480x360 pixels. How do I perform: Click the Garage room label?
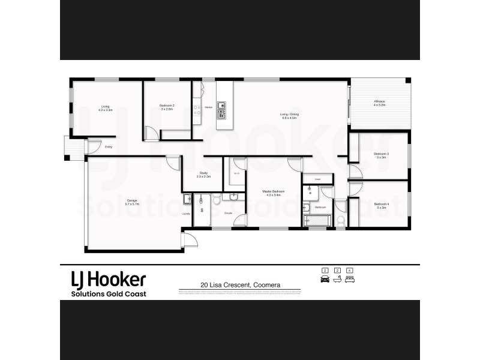[x=132, y=200]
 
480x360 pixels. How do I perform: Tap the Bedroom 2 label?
[x=166, y=106]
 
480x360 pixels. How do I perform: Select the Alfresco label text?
[x=379, y=101]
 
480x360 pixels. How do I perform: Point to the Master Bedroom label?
[x=273, y=191]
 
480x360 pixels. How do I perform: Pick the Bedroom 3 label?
[x=381, y=154]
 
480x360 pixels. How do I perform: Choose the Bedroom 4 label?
[x=381, y=205]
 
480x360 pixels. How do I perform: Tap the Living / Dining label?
[x=290, y=114]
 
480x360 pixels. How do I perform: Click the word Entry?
[x=109, y=147]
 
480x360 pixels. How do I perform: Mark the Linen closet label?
[x=317, y=179]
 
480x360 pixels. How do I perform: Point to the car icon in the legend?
[x=325, y=280]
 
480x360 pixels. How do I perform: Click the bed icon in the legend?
[x=350, y=280]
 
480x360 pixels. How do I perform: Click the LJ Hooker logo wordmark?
[x=109, y=280]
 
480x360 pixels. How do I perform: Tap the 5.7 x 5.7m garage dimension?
[x=132, y=204]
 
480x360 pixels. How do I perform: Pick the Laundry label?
[x=186, y=214]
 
